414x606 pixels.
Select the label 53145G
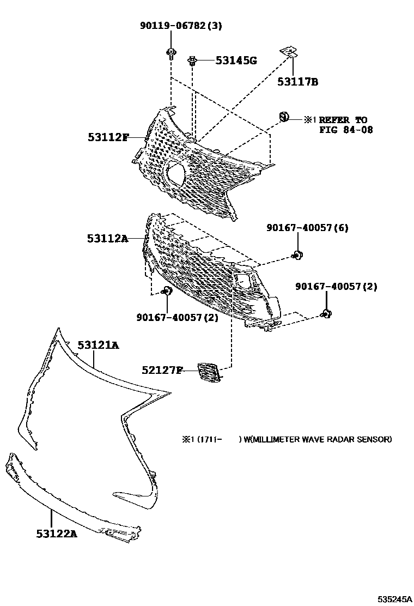235,60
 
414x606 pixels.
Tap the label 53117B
297,82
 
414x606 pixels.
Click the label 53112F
108,137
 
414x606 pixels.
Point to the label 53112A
107,238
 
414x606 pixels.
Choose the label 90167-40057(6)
307,228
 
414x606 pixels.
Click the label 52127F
162,371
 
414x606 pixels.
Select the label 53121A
98,345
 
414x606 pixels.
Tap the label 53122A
57,534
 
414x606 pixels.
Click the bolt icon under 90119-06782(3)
171,53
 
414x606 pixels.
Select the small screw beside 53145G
192,61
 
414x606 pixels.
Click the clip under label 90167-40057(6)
297,254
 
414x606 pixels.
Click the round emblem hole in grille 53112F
175,173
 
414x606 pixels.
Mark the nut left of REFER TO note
284,116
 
